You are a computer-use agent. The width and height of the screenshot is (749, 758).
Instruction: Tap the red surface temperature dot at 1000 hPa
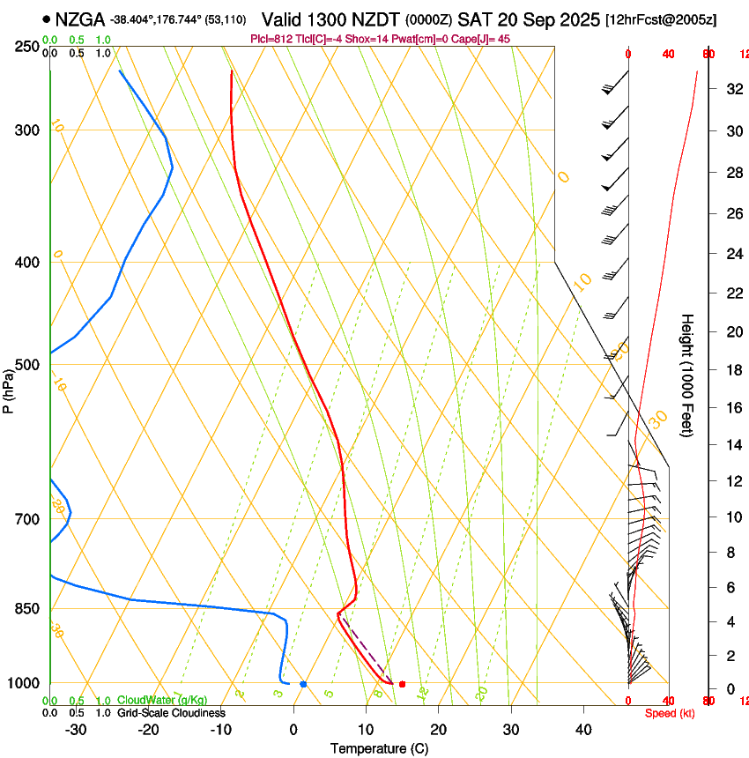(x=402, y=684)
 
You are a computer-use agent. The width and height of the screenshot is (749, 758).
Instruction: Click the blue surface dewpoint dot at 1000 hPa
(x=303, y=684)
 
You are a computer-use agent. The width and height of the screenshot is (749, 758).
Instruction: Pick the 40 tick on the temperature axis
(x=583, y=730)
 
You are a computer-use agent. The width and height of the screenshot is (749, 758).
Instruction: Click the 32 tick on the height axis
(x=731, y=88)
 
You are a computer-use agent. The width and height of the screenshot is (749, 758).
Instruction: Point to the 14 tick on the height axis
(x=731, y=445)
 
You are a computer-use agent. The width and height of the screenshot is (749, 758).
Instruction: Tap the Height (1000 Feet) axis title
(x=688, y=375)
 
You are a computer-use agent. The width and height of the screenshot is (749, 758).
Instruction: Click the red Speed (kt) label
(x=670, y=713)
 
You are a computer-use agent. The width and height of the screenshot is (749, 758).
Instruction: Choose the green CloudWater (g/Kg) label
(x=162, y=701)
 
